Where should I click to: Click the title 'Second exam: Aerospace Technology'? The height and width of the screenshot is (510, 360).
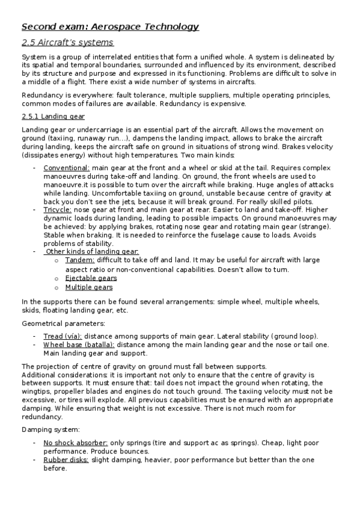[110, 26]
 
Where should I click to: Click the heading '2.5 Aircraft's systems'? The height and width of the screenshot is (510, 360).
[67, 43]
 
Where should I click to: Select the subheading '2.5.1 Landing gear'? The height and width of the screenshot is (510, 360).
[53, 116]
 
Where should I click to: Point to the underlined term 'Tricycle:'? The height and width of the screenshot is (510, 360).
[58, 210]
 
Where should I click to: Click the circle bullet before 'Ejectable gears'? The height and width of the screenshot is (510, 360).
[56, 279]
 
